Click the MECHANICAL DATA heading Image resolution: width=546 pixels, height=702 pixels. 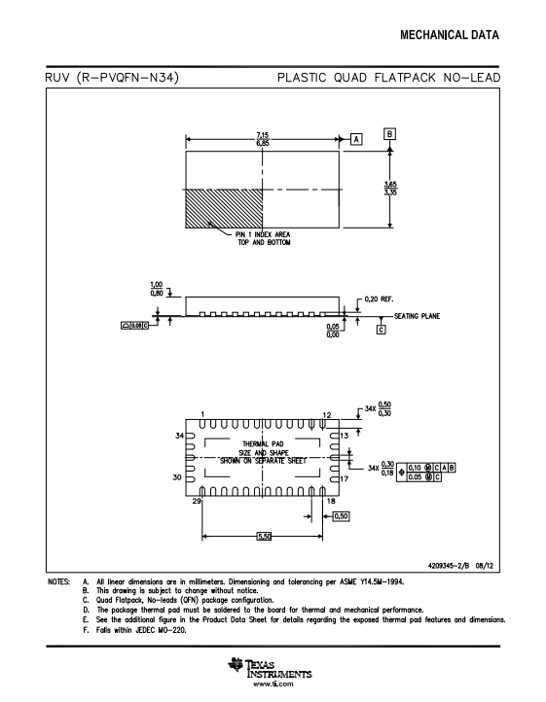450,35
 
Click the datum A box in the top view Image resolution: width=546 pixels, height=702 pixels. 356,139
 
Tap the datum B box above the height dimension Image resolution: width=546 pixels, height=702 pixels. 389,134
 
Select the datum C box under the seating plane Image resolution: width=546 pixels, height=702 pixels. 382,330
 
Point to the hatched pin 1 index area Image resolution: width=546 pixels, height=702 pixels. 224,209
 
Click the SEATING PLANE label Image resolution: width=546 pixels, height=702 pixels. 417,316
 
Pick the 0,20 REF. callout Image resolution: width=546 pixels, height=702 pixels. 379,299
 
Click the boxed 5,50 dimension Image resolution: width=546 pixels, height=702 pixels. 264,536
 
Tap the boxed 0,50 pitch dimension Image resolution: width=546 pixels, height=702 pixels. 341,516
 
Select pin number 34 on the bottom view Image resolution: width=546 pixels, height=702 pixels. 179,436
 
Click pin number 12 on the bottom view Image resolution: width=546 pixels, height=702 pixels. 327,415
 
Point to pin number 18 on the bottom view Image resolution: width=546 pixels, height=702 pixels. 331,501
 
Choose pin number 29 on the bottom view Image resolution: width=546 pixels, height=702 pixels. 197,501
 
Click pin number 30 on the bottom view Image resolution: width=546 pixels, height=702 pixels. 177,477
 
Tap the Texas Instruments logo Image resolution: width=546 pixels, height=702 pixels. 270,668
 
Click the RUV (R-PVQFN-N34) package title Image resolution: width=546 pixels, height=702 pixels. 112,78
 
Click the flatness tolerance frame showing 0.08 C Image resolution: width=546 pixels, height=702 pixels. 134,326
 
